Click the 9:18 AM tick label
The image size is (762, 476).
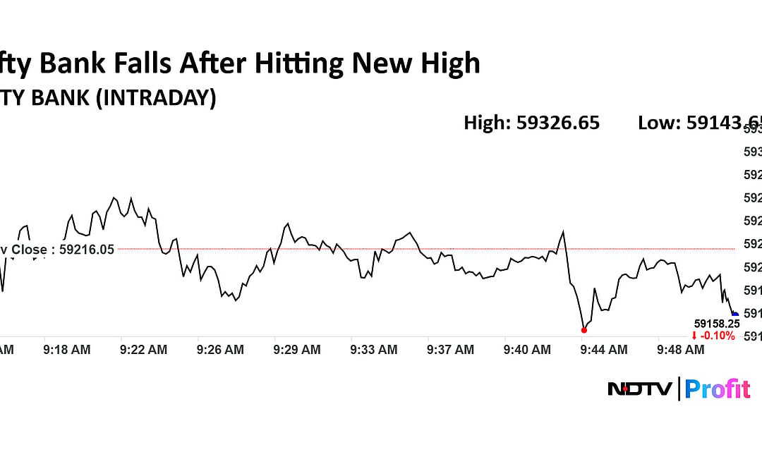click(67, 349)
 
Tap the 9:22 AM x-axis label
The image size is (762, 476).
click(144, 349)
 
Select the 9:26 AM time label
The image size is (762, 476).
click(220, 349)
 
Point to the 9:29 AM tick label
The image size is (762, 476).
click(297, 349)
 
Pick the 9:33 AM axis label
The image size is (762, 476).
click(374, 349)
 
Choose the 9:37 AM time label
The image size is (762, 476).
click(451, 349)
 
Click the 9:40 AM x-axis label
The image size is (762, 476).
click(527, 349)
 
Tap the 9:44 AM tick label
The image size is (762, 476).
click(604, 349)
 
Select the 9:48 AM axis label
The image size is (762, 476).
click(681, 349)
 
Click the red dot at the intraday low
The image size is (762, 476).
click(583, 330)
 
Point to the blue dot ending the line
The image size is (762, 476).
click(734, 315)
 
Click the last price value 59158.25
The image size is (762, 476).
click(717, 324)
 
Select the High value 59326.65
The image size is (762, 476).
click(558, 123)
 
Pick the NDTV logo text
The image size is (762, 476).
click(639, 389)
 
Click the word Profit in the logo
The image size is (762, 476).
click(717, 389)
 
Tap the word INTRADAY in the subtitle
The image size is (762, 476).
click(155, 97)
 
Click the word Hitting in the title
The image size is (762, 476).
click(301, 63)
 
